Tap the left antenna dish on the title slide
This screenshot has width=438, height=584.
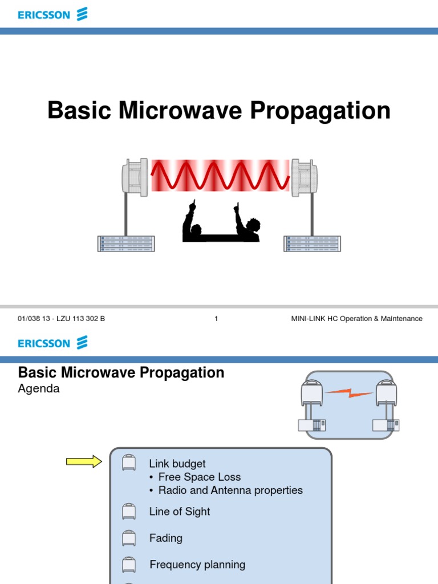[x=135, y=177]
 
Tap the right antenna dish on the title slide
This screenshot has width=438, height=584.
[x=303, y=177]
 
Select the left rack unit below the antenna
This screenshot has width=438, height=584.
[x=125, y=244]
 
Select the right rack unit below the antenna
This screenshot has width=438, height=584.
[x=312, y=244]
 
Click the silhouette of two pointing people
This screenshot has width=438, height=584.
[x=221, y=222]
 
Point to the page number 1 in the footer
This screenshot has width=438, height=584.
[x=216, y=319]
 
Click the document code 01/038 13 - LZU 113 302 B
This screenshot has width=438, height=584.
[x=62, y=319]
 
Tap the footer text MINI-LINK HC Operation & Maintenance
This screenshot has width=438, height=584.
[x=356, y=319]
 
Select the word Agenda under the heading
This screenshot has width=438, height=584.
[x=39, y=389]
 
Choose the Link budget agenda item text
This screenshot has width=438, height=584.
[x=177, y=464]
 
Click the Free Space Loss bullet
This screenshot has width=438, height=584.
[x=199, y=477]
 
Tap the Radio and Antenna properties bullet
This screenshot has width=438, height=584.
[x=230, y=490]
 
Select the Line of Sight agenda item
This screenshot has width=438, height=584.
[x=180, y=512]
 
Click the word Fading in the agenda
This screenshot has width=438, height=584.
[x=166, y=538]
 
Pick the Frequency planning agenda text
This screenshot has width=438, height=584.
[x=197, y=565]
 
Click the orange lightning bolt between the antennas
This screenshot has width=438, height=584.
[x=349, y=392]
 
